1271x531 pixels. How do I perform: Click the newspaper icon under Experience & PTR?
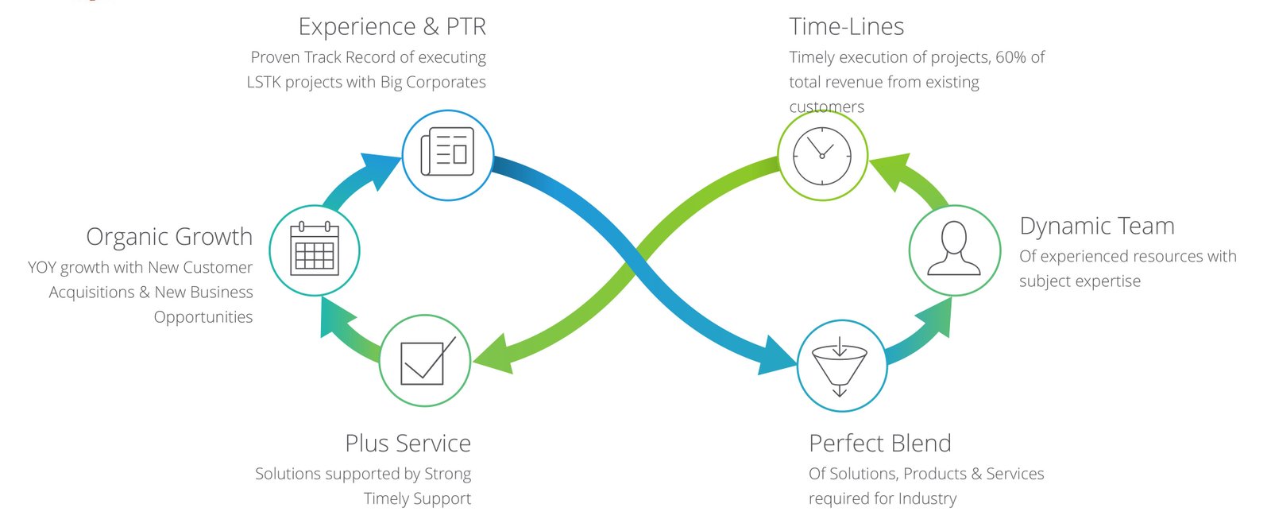(x=447, y=152)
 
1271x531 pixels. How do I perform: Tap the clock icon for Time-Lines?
(x=821, y=156)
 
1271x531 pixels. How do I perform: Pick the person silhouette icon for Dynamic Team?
(x=954, y=248)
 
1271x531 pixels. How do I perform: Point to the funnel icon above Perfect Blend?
(x=840, y=367)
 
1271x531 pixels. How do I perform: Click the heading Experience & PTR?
(x=392, y=27)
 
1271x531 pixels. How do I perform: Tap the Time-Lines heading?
(x=846, y=27)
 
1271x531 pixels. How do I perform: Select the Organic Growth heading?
(x=169, y=237)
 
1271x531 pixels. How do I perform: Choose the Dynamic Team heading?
(x=1097, y=226)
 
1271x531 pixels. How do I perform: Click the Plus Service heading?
(x=408, y=443)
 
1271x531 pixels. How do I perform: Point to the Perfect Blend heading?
(x=880, y=443)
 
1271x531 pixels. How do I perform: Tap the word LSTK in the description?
(x=264, y=83)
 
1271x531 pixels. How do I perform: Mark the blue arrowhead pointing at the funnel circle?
(x=778, y=356)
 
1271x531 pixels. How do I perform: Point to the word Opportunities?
(x=203, y=317)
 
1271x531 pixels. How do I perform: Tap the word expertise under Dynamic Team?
(x=1107, y=281)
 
